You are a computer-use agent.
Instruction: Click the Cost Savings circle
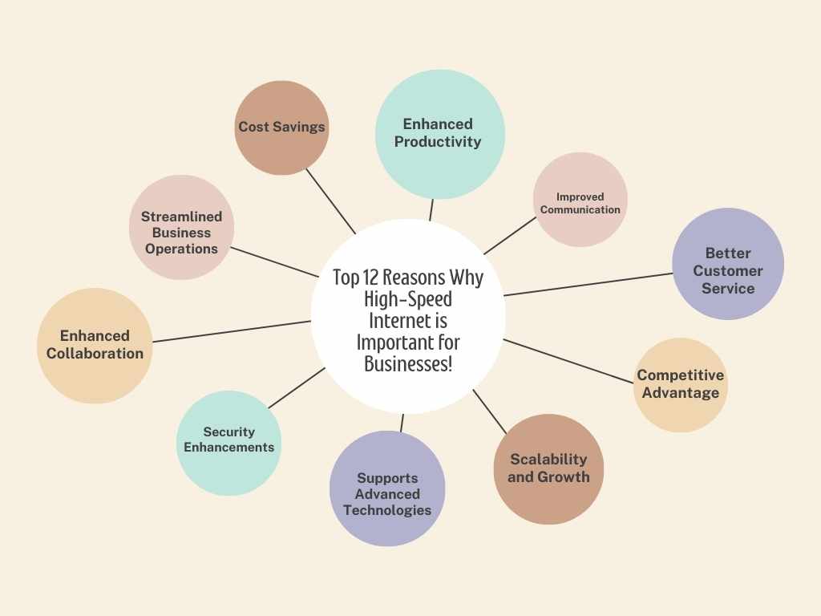pyautogui.click(x=281, y=128)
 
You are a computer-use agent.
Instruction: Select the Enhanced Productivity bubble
pyautogui.click(x=440, y=134)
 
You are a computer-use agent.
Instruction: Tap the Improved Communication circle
pyautogui.click(x=580, y=200)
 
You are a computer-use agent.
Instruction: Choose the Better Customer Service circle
pyautogui.click(x=728, y=264)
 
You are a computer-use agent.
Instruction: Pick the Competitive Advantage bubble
pyautogui.click(x=681, y=385)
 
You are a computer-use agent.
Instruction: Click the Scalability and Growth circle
pyautogui.click(x=548, y=469)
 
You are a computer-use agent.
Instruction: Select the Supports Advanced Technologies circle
pyautogui.click(x=387, y=488)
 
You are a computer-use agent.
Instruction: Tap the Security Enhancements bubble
pyautogui.click(x=229, y=443)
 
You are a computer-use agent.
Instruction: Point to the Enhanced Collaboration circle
pyautogui.click(x=95, y=346)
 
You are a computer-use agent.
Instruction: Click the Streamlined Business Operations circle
pyautogui.click(x=182, y=227)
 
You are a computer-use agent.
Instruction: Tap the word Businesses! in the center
pyautogui.click(x=408, y=364)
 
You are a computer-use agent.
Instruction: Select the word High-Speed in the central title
pyautogui.click(x=408, y=299)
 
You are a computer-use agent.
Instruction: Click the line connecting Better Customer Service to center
pyautogui.click(x=588, y=285)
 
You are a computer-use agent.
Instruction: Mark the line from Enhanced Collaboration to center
pyautogui.click(x=232, y=331)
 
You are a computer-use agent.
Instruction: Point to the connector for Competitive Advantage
pyautogui.click(x=568, y=361)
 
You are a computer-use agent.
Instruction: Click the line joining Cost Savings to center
pyautogui.click(x=331, y=201)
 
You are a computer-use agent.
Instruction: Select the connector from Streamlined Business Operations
pyautogui.click(x=274, y=262)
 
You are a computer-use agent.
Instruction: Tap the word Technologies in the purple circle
pyautogui.click(x=387, y=510)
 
